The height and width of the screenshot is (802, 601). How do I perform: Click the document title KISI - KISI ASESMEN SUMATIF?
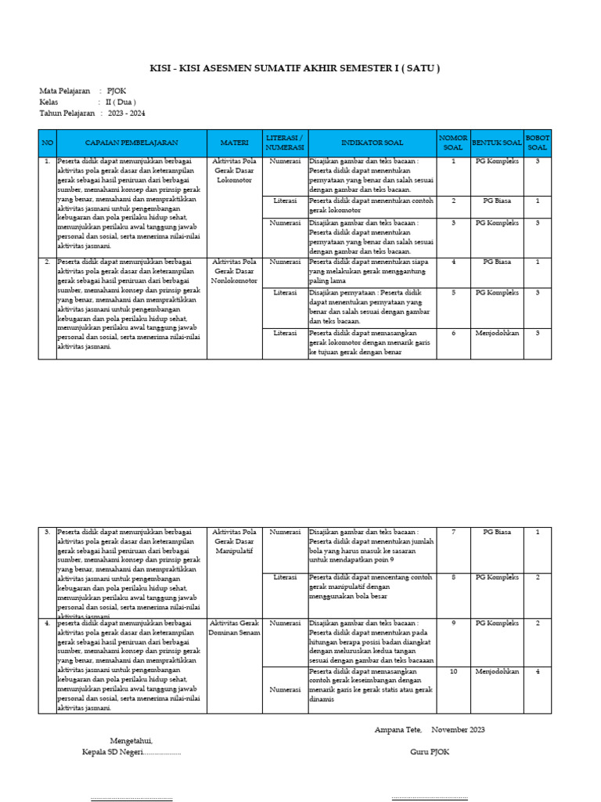[x=294, y=68]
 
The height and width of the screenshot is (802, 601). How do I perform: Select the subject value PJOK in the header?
[x=117, y=92]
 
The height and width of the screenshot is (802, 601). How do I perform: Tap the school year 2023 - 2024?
[x=127, y=114]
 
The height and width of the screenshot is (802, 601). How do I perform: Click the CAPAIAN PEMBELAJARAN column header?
[x=131, y=143]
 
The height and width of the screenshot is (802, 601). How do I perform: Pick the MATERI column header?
[x=234, y=143]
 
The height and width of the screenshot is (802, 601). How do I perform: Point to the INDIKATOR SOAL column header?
[x=372, y=143]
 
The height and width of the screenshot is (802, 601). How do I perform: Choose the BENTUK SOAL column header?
[x=496, y=143]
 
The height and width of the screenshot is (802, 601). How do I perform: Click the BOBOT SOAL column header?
[x=538, y=143]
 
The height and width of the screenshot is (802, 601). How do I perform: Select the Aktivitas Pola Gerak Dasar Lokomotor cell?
[x=234, y=170]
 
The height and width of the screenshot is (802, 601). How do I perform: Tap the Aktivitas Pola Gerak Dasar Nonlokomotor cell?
[x=234, y=271]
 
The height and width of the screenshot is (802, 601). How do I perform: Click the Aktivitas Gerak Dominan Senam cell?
[x=234, y=627]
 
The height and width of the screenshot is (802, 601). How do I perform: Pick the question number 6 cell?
[x=453, y=333]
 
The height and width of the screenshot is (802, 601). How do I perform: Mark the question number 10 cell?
[x=453, y=671]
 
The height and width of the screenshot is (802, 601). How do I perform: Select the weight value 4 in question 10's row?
[x=538, y=671]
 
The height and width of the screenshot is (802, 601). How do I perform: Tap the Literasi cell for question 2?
[x=285, y=200]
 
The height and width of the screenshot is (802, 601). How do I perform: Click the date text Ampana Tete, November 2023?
[x=430, y=730]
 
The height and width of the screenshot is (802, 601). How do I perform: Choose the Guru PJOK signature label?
[x=430, y=752]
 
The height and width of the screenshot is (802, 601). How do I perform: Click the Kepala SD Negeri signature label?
[x=131, y=753]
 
